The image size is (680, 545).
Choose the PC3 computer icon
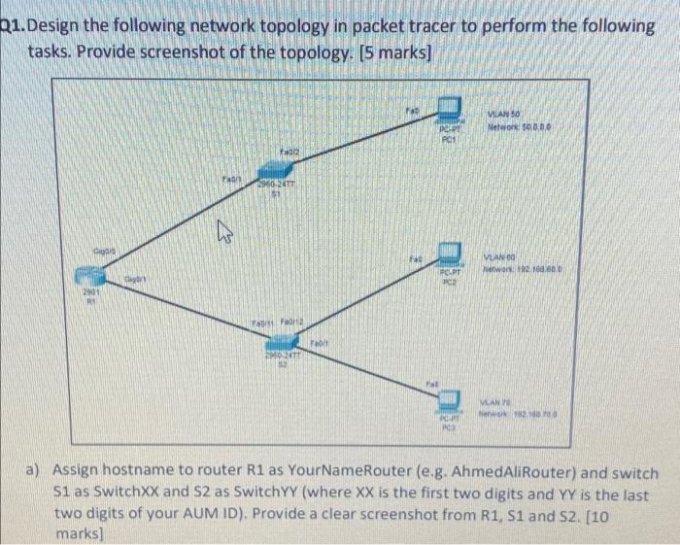coord(448,399)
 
